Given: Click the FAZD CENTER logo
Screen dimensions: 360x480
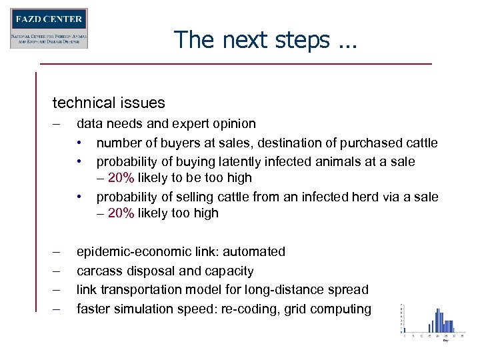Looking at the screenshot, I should [49, 28].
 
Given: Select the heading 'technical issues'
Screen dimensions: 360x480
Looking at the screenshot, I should [109, 103].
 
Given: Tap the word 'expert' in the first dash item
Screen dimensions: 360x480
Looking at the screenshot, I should [205, 124].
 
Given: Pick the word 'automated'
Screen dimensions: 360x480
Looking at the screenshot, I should [254, 252].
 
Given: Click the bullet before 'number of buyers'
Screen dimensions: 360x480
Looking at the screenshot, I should [79, 143].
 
